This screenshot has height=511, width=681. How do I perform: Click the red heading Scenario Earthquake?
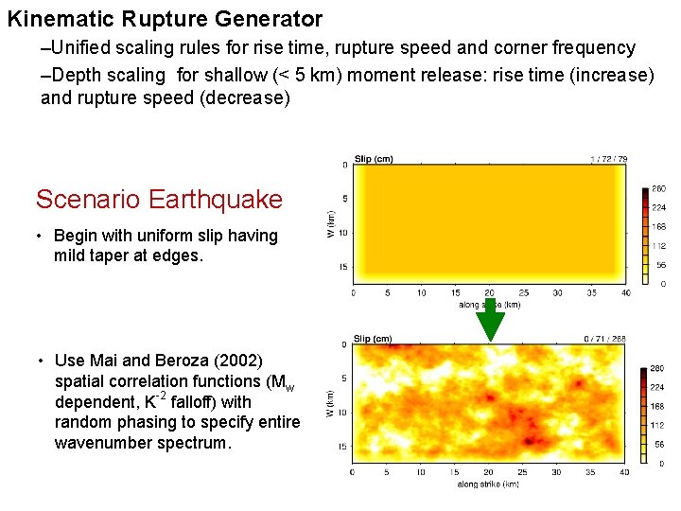click(x=159, y=200)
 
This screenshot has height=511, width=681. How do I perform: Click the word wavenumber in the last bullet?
click(x=101, y=443)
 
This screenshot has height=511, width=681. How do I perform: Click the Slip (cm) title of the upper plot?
click(x=373, y=158)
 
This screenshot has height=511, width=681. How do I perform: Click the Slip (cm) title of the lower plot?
click(x=373, y=339)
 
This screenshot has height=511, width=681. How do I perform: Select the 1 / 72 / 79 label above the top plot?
click(x=607, y=159)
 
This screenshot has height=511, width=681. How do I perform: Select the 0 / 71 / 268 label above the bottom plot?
click(x=605, y=339)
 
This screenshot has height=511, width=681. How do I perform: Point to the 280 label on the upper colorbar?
click(x=658, y=190)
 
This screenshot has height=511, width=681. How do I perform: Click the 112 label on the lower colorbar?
click(x=658, y=425)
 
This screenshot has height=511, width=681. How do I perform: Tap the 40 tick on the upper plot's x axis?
click(x=625, y=292)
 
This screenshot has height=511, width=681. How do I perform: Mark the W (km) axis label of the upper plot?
click(x=330, y=223)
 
